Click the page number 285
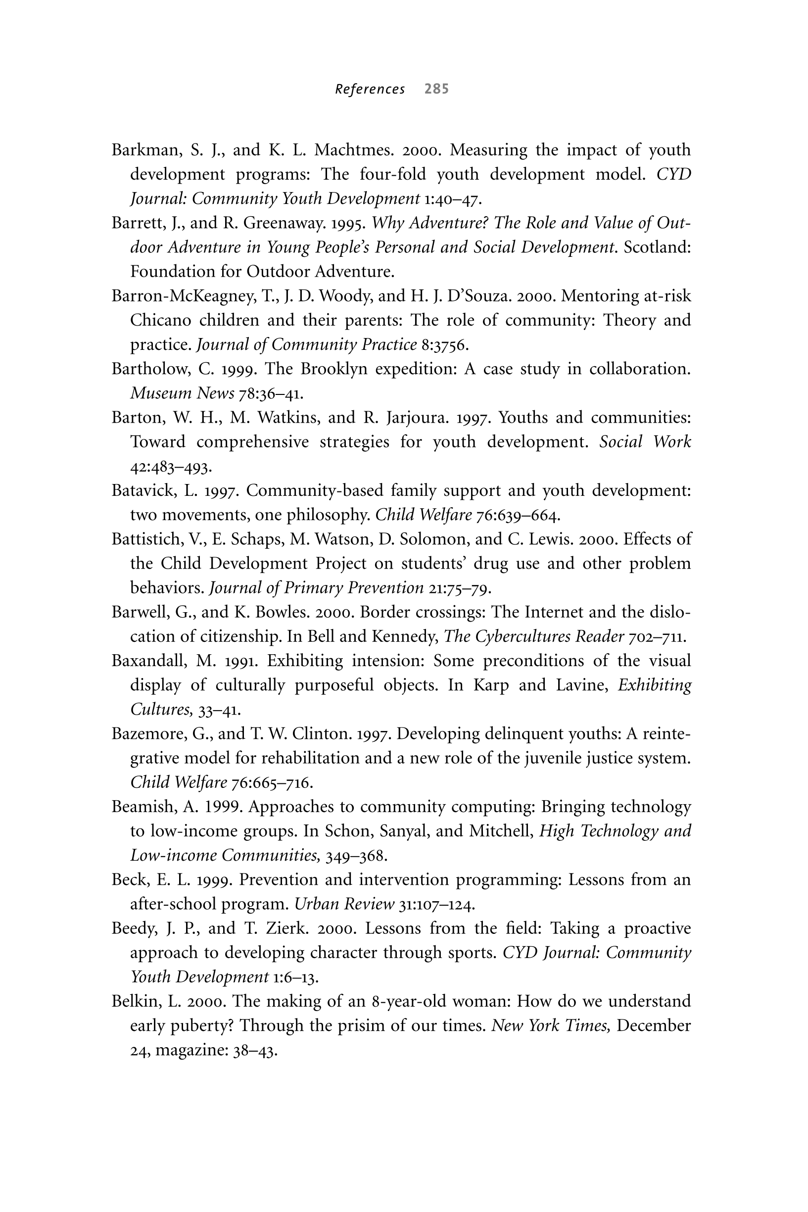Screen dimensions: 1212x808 pos(436,89)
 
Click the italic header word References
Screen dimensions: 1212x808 pos(370,90)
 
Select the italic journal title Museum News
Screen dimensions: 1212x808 pos(183,394)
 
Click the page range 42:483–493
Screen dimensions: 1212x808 pos(171,467)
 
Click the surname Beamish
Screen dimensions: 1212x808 pos(144,807)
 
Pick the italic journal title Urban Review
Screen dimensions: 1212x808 pos(344,904)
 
